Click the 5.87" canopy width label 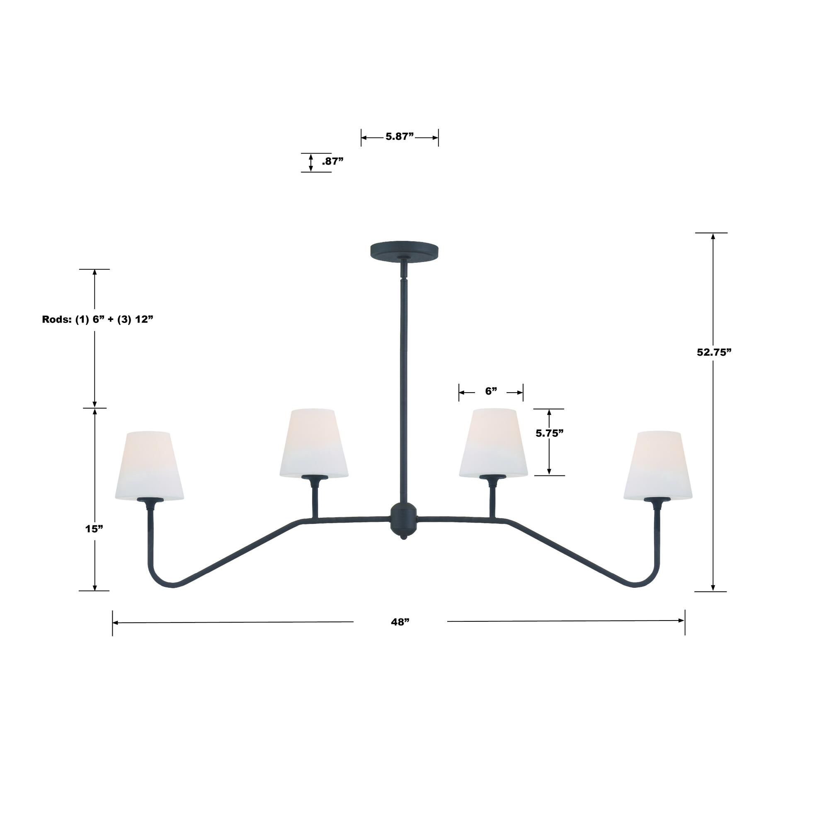click(x=399, y=137)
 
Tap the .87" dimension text click(x=332, y=161)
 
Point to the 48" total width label click(x=400, y=622)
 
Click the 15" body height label click(x=94, y=528)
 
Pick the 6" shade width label click(x=491, y=391)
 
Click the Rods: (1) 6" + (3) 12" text click(x=97, y=319)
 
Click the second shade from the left click(x=314, y=442)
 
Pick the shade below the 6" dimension click(x=493, y=442)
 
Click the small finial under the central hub click(x=403, y=537)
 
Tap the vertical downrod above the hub click(x=404, y=386)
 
